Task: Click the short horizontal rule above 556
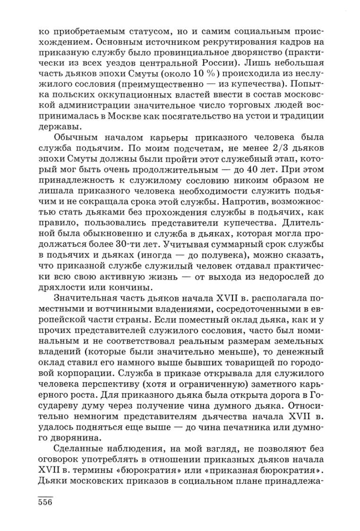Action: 45,494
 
